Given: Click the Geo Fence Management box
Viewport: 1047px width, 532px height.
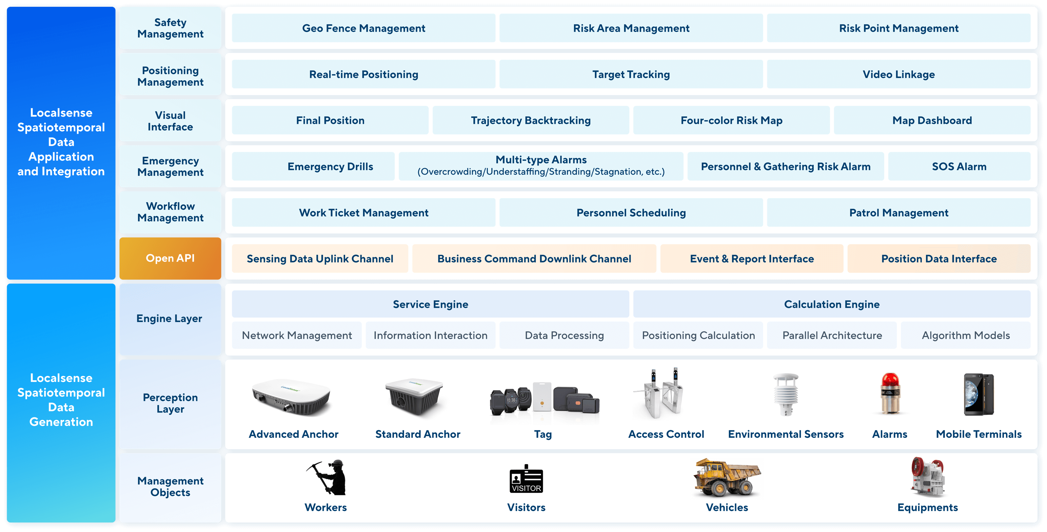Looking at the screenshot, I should point(363,28).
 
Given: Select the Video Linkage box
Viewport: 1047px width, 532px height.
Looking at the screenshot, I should point(898,74).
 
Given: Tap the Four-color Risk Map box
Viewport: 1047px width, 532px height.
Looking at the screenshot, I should point(731,120).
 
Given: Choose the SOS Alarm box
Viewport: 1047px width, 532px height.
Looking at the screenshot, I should point(959,166).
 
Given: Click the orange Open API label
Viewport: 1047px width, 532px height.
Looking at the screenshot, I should point(170,258).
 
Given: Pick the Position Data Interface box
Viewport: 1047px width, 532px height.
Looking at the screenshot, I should point(939,259).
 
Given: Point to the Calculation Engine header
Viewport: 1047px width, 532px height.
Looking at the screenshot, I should point(832,304).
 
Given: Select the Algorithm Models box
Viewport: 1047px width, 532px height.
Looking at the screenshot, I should point(965,335).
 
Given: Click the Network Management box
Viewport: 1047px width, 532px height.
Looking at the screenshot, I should point(297,335).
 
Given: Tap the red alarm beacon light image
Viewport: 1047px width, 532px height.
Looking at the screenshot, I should point(890,393).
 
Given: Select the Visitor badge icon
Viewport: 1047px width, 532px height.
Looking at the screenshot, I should point(526,479).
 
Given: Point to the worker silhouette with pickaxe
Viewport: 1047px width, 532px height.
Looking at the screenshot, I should point(328,477).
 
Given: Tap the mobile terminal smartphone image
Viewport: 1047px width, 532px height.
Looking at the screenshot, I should point(979,394).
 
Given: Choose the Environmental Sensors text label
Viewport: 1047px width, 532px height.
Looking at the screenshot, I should point(786,434).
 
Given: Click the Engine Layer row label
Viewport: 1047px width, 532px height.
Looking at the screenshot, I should point(170,319).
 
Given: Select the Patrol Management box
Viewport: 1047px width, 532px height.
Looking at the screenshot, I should point(898,213).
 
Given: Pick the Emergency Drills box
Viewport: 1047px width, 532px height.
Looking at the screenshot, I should point(330,166).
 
